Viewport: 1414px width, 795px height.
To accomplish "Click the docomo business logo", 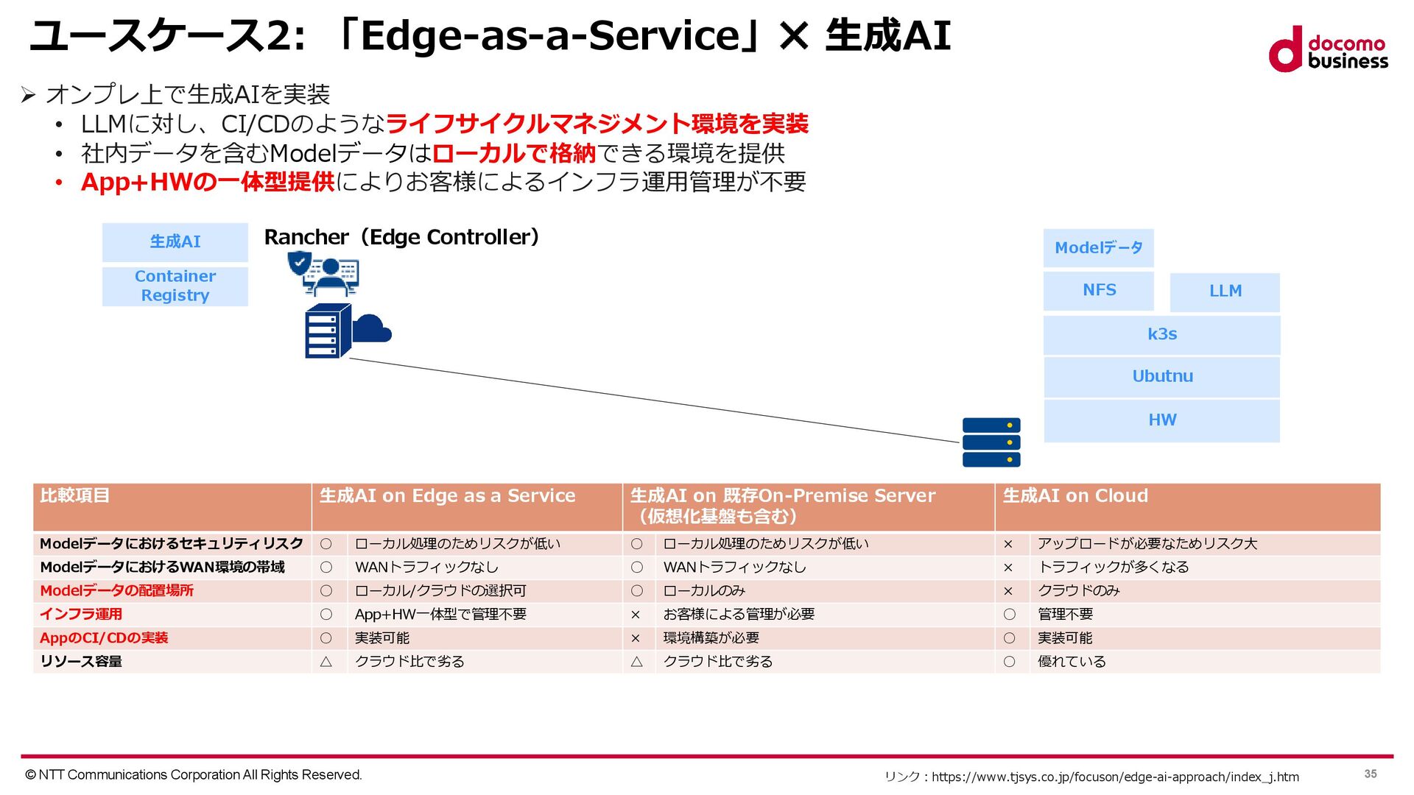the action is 1328,50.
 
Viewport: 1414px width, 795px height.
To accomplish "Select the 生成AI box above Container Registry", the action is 175,242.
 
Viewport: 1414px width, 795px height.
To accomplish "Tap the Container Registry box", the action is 175,286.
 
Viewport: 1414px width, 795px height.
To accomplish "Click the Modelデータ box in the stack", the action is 1098,248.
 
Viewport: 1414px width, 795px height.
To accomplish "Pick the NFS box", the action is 1098,291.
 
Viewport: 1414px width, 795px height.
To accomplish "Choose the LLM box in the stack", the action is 1225,291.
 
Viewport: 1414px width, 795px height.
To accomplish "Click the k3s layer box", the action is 1161,335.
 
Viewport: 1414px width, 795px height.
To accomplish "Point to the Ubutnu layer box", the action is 1161,377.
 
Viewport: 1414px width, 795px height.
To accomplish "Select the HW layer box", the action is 1161,420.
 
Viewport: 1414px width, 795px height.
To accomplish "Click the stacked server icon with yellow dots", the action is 991,442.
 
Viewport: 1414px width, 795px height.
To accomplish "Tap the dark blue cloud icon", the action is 373,328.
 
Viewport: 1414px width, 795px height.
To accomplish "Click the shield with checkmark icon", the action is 299,262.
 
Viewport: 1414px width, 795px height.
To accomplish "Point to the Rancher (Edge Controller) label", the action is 402,237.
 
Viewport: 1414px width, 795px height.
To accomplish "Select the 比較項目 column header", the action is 75,496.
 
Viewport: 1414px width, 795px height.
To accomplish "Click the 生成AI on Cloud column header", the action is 1075,496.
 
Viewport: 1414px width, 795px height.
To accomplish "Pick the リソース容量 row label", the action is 81,662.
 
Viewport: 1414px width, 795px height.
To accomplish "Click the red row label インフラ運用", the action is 81,615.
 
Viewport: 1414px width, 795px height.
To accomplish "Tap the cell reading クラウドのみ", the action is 1078,591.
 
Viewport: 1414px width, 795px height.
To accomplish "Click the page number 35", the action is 1370,774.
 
